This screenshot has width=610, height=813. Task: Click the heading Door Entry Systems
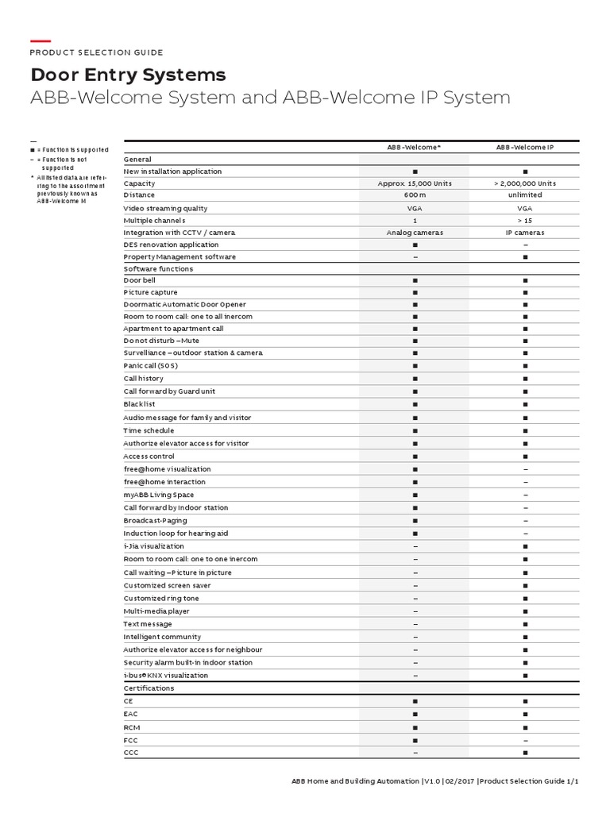(x=128, y=75)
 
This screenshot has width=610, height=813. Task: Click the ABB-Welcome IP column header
(x=524, y=148)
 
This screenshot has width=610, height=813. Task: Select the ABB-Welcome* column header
(x=415, y=148)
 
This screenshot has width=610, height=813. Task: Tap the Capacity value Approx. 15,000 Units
(x=415, y=183)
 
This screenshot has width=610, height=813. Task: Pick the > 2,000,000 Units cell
(x=524, y=183)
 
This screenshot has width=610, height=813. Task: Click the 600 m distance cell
(x=415, y=195)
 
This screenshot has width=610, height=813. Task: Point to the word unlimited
(x=524, y=195)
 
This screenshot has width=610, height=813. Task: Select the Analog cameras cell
(x=415, y=233)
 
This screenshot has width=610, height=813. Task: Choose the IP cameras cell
(x=524, y=233)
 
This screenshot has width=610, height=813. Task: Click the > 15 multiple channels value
(x=524, y=220)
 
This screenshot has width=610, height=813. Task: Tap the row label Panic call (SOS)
(x=151, y=365)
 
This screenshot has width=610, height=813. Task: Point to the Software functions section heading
(x=158, y=269)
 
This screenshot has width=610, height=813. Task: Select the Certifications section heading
(x=149, y=688)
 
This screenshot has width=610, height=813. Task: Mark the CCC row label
(x=131, y=751)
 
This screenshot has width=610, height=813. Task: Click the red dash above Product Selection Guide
(x=41, y=40)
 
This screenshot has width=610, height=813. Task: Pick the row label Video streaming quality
(x=165, y=208)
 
